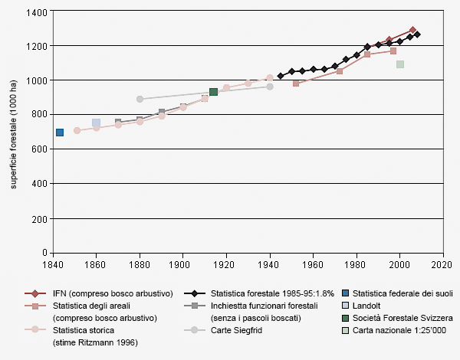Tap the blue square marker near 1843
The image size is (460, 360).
pyautogui.click(x=60, y=133)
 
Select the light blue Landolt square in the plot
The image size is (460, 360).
pyautogui.click(x=96, y=123)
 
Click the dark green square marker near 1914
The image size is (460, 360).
pyautogui.click(x=213, y=92)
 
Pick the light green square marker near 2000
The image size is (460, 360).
pyautogui.click(x=400, y=64)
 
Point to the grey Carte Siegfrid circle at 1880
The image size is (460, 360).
pyautogui.click(x=140, y=99)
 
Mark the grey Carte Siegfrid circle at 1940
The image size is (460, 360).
pyautogui.click(x=270, y=87)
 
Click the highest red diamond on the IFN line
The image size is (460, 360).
pyautogui.click(x=412, y=31)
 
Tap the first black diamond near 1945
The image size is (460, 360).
pyautogui.click(x=281, y=76)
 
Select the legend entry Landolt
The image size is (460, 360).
pyautogui.click(x=367, y=306)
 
